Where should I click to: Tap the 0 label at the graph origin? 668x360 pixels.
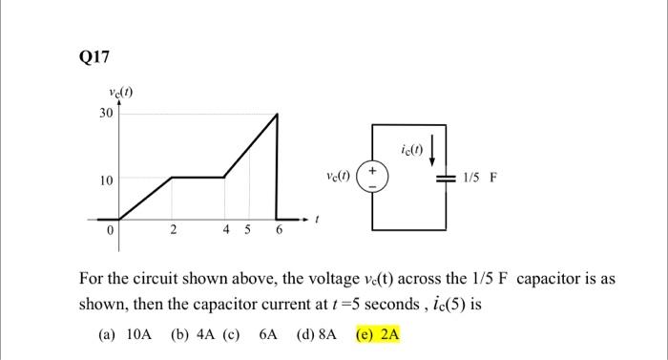(x=111, y=230)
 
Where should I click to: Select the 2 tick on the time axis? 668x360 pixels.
(x=173, y=230)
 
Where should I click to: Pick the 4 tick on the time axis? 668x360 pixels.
(x=225, y=230)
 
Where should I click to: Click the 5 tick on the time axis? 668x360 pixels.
(x=250, y=230)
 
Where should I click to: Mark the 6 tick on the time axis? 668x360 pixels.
(x=279, y=230)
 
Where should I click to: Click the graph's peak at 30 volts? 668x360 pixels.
(x=277, y=115)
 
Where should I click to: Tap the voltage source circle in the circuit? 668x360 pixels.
(x=373, y=178)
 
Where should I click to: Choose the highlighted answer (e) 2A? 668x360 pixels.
(x=377, y=335)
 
